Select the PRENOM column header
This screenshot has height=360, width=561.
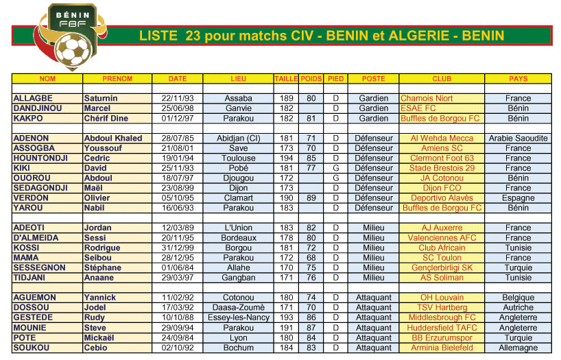tap(117, 79)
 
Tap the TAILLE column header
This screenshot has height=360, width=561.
tap(286, 79)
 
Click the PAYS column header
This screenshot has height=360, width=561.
tap(518, 79)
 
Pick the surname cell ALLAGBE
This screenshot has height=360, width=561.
tap(32, 99)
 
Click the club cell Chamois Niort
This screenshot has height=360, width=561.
tap(427, 99)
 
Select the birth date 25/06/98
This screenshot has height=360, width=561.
tap(178, 108)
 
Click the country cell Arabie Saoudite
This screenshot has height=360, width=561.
tap(518, 139)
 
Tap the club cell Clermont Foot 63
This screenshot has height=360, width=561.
tap(442, 158)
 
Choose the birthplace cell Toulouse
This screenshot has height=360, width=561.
tap(238, 158)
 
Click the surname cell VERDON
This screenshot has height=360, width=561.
tap(32, 198)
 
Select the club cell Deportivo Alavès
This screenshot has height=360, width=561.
tap(442, 198)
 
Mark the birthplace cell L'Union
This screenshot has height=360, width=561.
tap(238, 228)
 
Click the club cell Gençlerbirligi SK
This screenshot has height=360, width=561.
tap(442, 268)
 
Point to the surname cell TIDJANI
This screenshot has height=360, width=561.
tap(31, 278)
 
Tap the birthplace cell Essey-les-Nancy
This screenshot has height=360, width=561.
tap(238, 318)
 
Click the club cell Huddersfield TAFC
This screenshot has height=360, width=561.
tap(442, 328)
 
